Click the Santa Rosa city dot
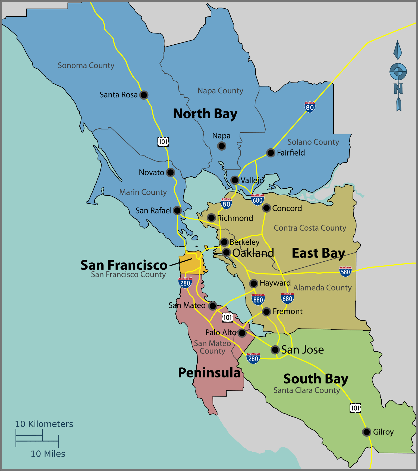(x=144, y=95)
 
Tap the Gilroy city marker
(x=366, y=432)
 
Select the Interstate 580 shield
(x=345, y=271)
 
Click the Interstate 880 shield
(x=258, y=299)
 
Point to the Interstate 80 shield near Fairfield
(x=310, y=107)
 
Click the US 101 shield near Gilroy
(x=355, y=408)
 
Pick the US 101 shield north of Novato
(x=163, y=142)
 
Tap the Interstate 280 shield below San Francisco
(x=185, y=283)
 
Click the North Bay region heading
(x=205, y=114)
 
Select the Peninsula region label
(x=209, y=373)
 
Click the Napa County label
(x=220, y=91)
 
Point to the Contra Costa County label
(x=310, y=228)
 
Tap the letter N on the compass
(x=398, y=89)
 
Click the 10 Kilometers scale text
(x=44, y=424)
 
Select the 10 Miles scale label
(x=48, y=454)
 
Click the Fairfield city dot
(x=271, y=153)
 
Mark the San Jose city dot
(x=275, y=349)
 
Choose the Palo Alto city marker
(x=242, y=333)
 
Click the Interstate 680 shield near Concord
(x=257, y=200)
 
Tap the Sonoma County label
(x=86, y=66)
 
